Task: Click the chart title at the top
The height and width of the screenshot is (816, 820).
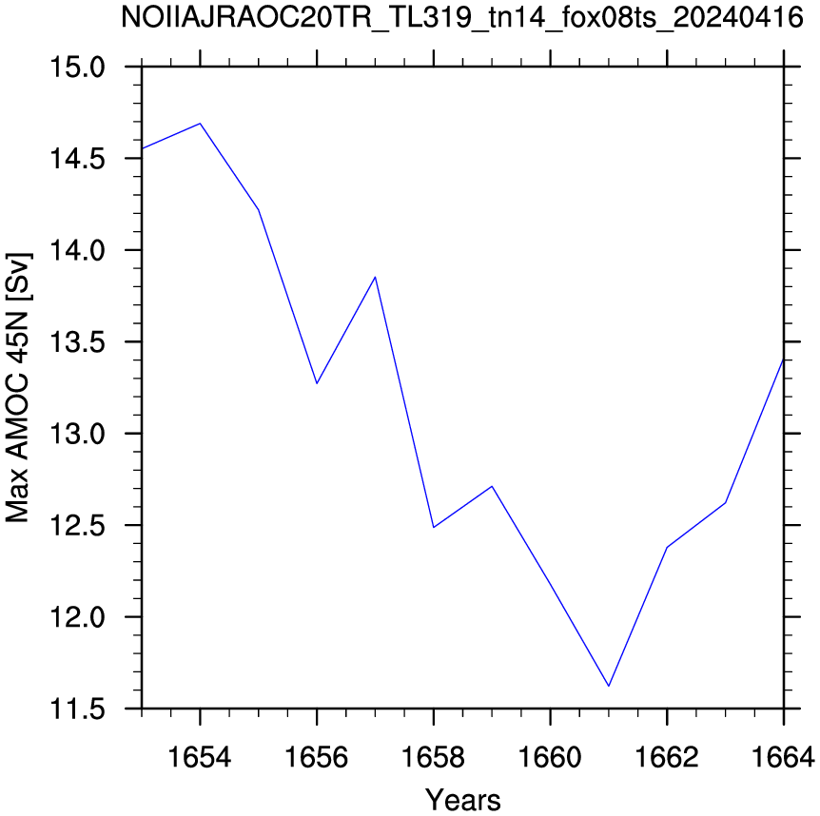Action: pos(461,18)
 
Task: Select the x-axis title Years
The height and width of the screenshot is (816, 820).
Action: pos(463,799)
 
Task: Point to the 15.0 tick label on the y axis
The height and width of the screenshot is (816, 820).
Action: pos(77,68)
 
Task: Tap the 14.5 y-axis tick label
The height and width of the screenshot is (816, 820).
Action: pos(77,159)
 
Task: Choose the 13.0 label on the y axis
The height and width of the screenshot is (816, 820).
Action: pos(77,434)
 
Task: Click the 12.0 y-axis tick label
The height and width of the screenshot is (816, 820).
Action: pos(77,617)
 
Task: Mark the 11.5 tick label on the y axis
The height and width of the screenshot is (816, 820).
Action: pos(77,709)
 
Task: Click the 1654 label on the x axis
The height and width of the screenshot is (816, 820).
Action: pos(199,756)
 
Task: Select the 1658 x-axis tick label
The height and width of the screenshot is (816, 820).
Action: pos(433,756)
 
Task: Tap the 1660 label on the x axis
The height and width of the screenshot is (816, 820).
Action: pos(550,756)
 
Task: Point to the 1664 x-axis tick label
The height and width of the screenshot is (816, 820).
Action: pos(783,756)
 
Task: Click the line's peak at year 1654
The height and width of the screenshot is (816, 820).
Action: pos(201,124)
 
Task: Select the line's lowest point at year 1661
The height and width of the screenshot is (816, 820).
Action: pos(609,686)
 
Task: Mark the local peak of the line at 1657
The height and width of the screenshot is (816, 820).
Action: pos(375,277)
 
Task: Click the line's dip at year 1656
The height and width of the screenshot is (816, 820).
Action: pos(317,383)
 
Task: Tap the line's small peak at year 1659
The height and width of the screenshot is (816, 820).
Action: pos(492,486)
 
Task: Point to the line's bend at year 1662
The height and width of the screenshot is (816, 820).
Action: pos(667,547)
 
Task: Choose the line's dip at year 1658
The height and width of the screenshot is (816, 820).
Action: pos(434,527)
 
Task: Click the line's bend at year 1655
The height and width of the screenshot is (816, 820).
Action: pos(259,209)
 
